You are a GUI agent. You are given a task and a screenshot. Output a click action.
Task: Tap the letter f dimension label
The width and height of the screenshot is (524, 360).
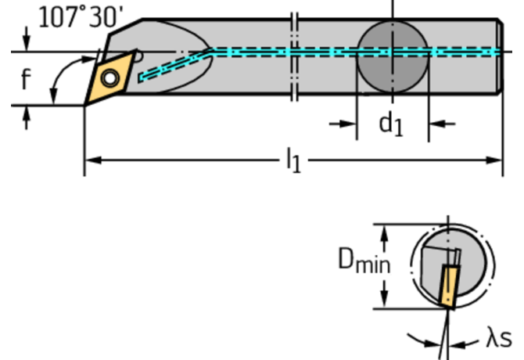coord(25,79)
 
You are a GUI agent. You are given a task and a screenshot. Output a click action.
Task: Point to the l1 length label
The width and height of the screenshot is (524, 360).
coord(293,161)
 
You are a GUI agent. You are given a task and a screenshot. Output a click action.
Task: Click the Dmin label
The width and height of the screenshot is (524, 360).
coord(364,261)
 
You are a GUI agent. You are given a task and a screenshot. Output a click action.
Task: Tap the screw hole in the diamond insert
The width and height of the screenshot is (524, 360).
coord(108,78)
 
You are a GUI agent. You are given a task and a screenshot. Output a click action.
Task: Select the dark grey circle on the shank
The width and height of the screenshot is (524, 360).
coord(393,53)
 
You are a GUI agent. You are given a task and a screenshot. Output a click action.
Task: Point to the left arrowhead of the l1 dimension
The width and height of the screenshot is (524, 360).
coord(91,160)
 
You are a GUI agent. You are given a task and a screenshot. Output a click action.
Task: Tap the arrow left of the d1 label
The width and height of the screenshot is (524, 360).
coord(343,124)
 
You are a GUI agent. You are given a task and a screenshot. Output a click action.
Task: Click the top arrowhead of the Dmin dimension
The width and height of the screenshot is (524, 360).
coord(384,231)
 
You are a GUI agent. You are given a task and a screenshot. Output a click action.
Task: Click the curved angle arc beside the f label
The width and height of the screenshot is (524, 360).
coord(56,81)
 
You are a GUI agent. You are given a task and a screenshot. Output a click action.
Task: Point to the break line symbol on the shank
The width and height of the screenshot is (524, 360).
coord(294,55)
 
